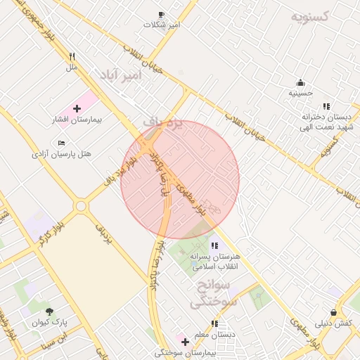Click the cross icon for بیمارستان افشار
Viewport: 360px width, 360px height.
pyautogui.click(x=77, y=108)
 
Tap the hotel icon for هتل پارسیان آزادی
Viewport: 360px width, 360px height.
pyautogui.click(x=62, y=143)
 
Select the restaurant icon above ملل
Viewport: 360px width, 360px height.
pyautogui.click(x=71, y=57)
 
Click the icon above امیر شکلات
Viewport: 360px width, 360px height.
pyautogui.click(x=162, y=14)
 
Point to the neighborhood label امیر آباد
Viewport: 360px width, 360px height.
pyautogui.click(x=120, y=74)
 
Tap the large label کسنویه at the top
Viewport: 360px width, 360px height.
pyautogui.click(x=314, y=15)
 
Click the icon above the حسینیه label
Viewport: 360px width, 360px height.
pyautogui.click(x=300, y=82)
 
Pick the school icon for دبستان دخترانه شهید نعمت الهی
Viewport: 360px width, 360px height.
pyautogui.click(x=326, y=106)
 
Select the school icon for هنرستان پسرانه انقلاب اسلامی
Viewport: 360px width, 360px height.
pyautogui.click(x=214, y=245)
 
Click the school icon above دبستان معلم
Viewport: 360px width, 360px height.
pyautogui.click(x=214, y=324)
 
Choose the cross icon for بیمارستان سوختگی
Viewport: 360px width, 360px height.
pyautogui.click(x=185, y=341)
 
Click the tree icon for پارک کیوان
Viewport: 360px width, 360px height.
pyautogui.click(x=49, y=311)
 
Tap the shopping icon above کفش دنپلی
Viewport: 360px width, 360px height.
pyautogui.click(x=333, y=312)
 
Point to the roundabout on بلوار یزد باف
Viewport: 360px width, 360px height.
pyautogui.click(x=82, y=207)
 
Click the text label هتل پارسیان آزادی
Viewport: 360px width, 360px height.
pyautogui.click(x=62, y=153)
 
